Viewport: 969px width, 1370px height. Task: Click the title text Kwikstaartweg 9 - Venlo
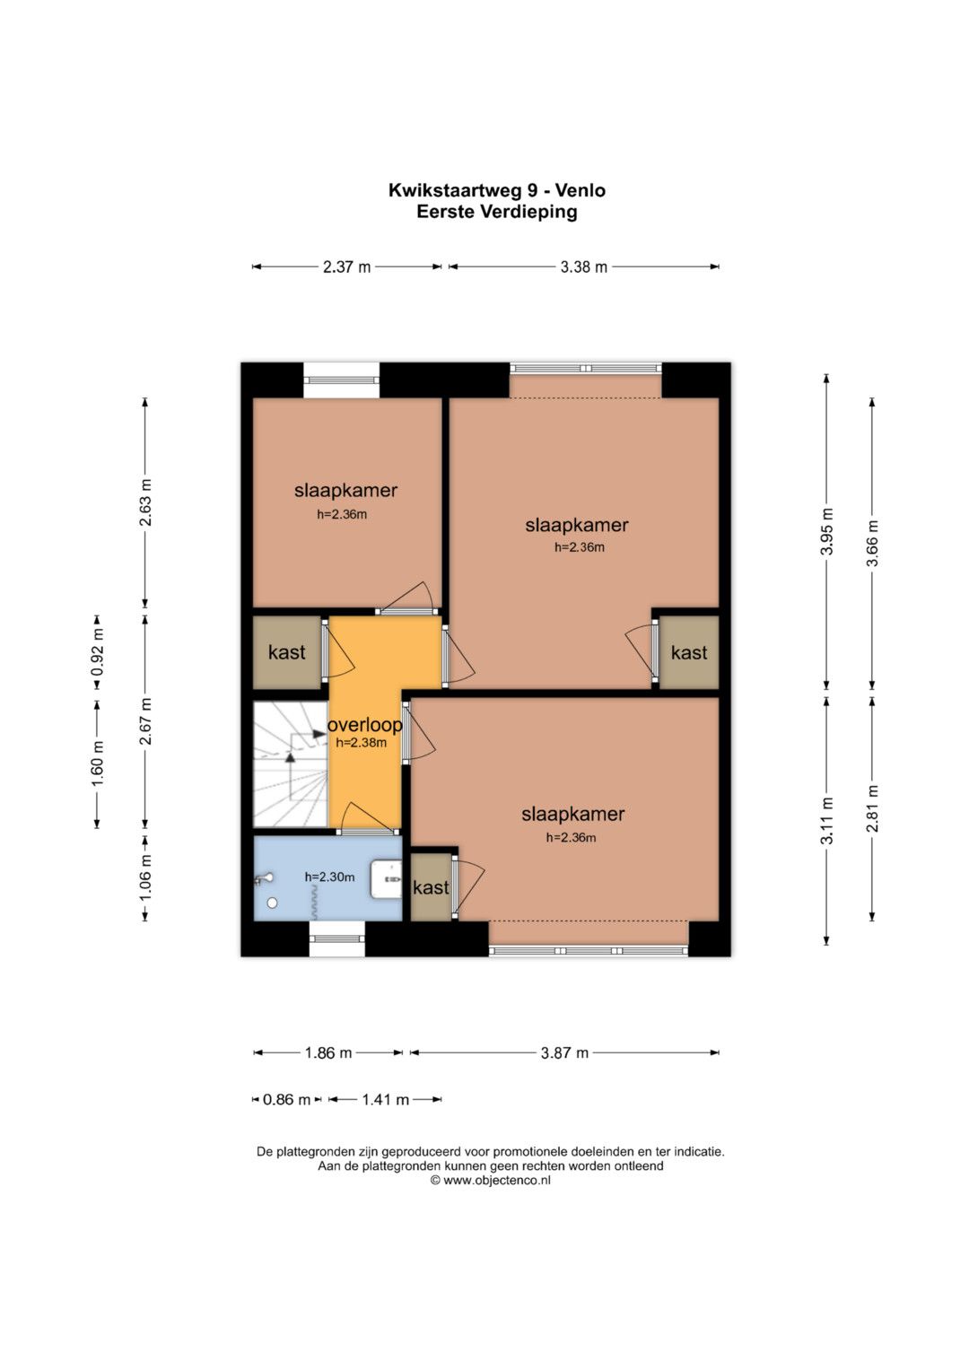pyautogui.click(x=497, y=190)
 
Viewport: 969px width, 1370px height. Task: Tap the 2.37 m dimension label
pyautogui.click(x=347, y=266)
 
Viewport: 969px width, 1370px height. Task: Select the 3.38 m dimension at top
pyautogui.click(x=583, y=266)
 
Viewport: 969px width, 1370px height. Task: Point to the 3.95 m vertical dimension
pyautogui.click(x=827, y=531)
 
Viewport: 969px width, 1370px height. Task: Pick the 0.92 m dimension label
pyautogui.click(x=97, y=652)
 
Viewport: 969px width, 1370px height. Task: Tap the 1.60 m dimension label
pyautogui.click(x=97, y=764)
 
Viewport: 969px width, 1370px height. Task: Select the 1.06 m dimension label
pyautogui.click(x=145, y=877)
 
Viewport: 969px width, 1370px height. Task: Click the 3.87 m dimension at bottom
pyautogui.click(x=564, y=1052)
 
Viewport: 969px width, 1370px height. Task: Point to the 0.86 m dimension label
pyautogui.click(x=287, y=1100)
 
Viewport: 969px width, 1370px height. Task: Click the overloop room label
pyautogui.click(x=365, y=725)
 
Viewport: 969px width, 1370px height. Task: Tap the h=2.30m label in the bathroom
pyautogui.click(x=330, y=877)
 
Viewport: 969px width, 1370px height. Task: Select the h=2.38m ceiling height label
pyautogui.click(x=362, y=743)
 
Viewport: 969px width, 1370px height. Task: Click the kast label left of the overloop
pyautogui.click(x=286, y=652)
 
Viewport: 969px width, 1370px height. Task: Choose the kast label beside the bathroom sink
pyautogui.click(x=431, y=887)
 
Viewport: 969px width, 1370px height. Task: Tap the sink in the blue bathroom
pyautogui.click(x=386, y=879)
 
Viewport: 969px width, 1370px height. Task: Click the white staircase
pyautogui.click(x=291, y=764)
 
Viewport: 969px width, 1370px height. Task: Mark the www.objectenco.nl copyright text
pyautogui.click(x=491, y=1181)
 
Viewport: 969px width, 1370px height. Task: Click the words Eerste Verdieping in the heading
pyautogui.click(x=497, y=212)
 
